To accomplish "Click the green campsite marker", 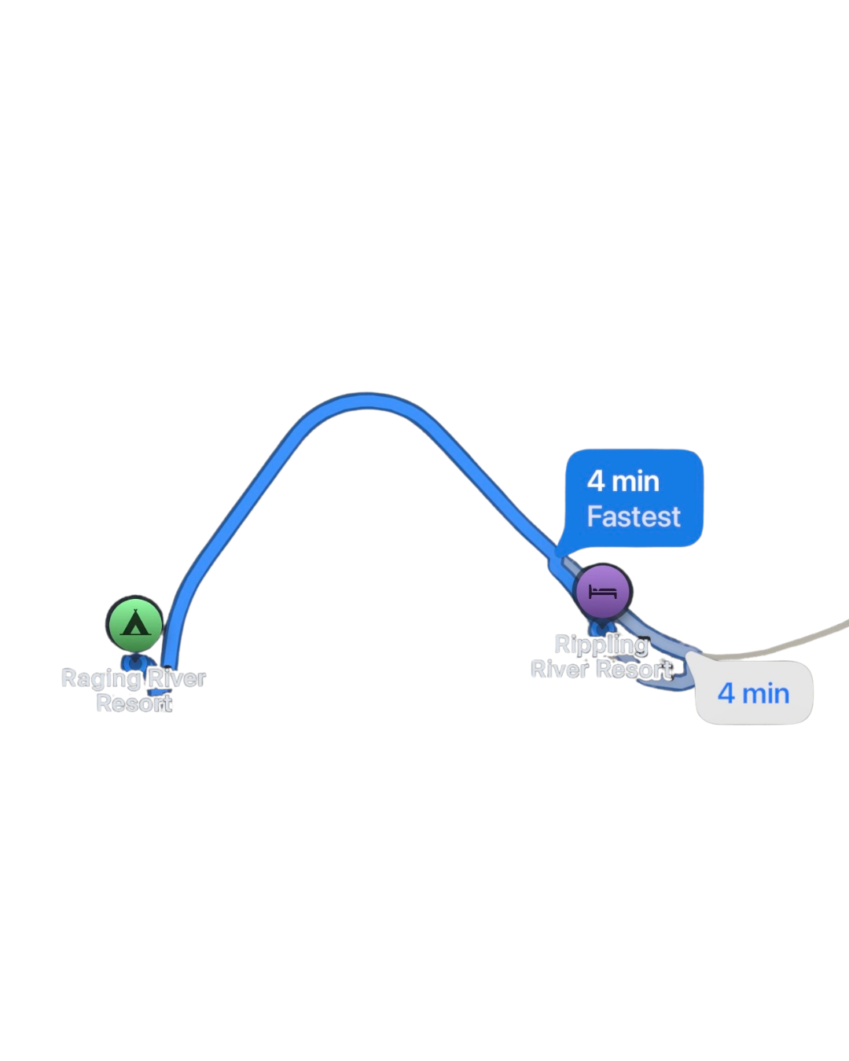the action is coord(134,624).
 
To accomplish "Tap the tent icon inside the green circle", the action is coord(134,622).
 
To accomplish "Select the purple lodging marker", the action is coord(603,591).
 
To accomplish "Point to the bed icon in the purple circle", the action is coord(603,592).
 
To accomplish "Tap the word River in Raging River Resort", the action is coord(177,678).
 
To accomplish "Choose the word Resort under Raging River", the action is coord(134,703).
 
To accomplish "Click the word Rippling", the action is coord(601,646).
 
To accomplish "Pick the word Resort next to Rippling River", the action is coord(634,670).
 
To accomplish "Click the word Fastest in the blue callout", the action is coord(634,516).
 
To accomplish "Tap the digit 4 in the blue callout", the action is coord(596,481).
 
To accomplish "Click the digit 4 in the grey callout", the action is coord(726,693).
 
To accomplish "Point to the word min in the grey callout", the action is coord(766,694).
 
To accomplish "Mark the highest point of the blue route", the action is coord(366,400).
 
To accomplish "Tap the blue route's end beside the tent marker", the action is coord(168,668).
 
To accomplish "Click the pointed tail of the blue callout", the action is coord(559,554).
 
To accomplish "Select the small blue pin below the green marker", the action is coord(134,663).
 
